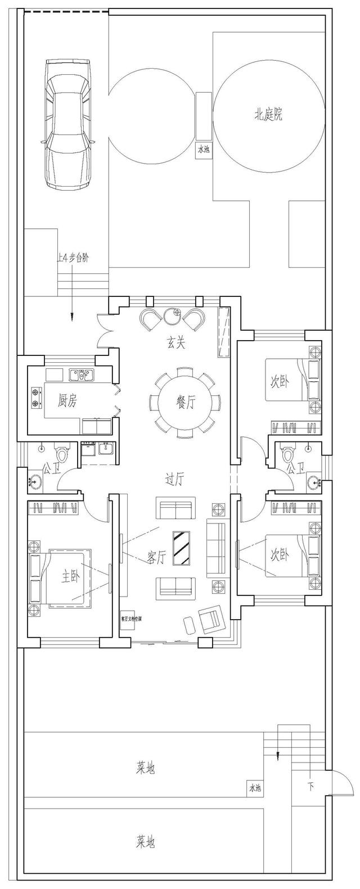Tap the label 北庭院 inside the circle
coord(268,116)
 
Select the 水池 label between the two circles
coord(203,150)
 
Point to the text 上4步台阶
coord(72,258)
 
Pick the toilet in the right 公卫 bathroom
coord(289,452)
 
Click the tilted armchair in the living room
coord(211,618)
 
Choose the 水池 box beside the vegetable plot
coord(255,788)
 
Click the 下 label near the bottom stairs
coord(310,785)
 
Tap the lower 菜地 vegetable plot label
coord(145,841)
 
